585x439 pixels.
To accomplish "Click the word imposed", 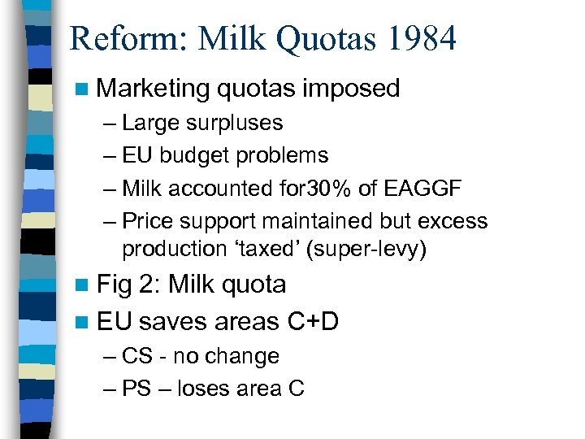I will click(352, 88).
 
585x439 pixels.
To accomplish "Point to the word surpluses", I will click(234, 124).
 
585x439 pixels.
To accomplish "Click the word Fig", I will click(114, 285).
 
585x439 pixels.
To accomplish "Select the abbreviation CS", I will click(136, 356).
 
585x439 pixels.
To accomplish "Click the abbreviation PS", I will click(136, 389).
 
